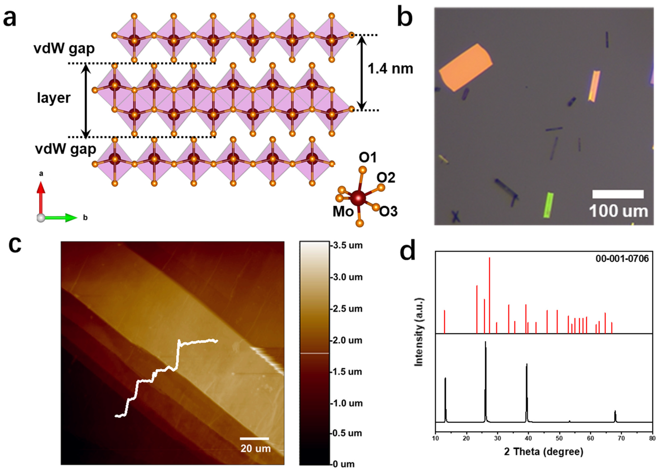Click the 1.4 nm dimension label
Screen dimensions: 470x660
[x=390, y=69]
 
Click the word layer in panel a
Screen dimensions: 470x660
[x=54, y=98]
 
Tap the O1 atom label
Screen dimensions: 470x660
[x=368, y=158]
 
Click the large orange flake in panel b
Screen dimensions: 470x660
[x=465, y=67]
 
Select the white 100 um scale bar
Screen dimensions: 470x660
[x=618, y=194]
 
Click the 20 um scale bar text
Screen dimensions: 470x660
[x=255, y=448]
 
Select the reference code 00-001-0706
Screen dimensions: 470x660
[x=622, y=259]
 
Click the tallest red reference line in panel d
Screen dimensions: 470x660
[x=489, y=295]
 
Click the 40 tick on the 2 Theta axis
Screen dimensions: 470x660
[x=528, y=438]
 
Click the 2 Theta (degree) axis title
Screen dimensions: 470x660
[x=543, y=452]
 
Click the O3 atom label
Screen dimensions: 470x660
[x=388, y=211]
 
